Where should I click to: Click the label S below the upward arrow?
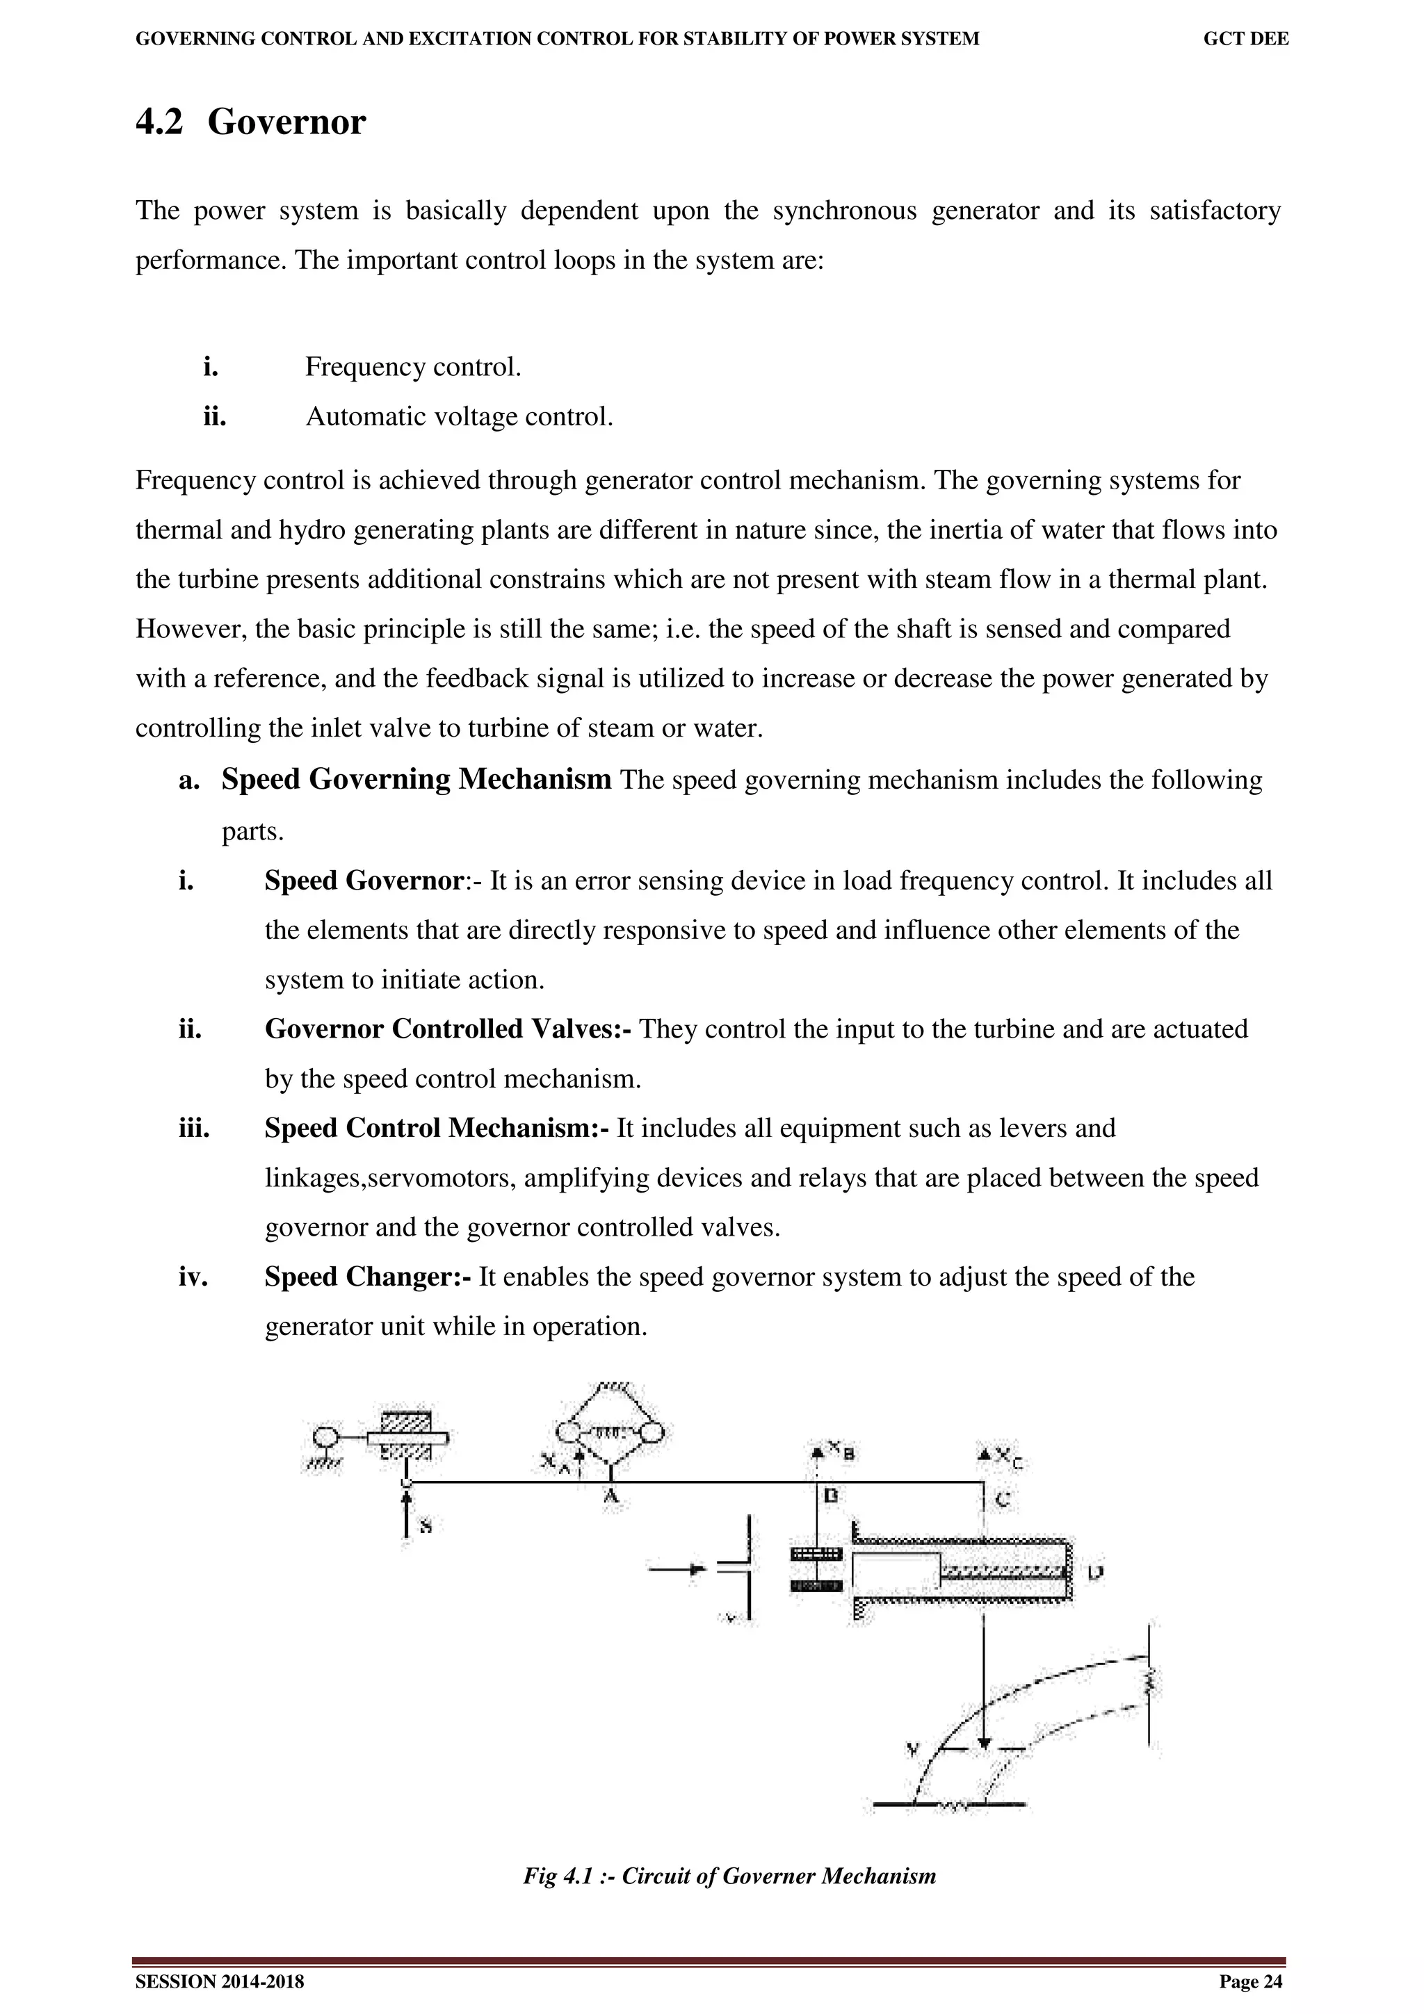click(x=426, y=1526)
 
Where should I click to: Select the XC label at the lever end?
click(x=1008, y=1458)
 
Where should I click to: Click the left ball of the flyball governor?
click(x=567, y=1433)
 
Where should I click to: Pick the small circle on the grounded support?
click(x=325, y=1436)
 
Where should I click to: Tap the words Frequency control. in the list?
click(x=412, y=367)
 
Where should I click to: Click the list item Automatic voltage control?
click(x=459, y=417)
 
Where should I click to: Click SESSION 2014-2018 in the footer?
click(x=219, y=1981)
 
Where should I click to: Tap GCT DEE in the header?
click(x=1245, y=39)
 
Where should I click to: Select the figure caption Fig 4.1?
click(x=729, y=1876)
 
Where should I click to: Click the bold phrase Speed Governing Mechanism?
click(x=416, y=779)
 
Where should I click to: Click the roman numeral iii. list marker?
click(x=194, y=1128)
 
